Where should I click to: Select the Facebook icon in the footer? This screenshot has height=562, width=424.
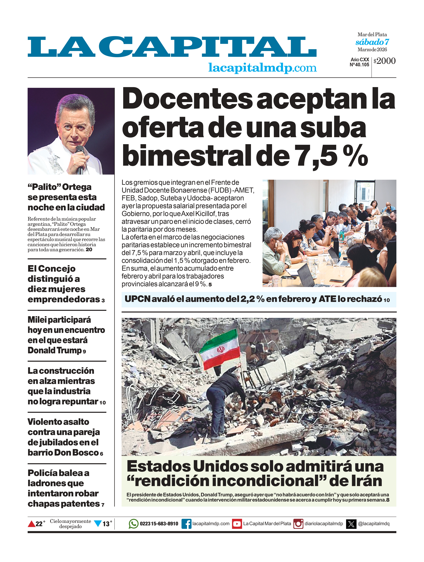pyautogui.click(x=186, y=524)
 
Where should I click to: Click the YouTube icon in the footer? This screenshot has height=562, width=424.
pyautogui.click(x=237, y=524)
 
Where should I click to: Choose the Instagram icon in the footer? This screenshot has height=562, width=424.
pyautogui.click(x=298, y=524)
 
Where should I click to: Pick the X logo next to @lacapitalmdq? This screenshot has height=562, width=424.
pyautogui.click(x=351, y=524)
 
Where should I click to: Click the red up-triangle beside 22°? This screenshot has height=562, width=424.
pyautogui.click(x=31, y=524)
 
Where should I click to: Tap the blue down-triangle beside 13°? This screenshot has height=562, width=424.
pyautogui.click(x=98, y=523)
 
